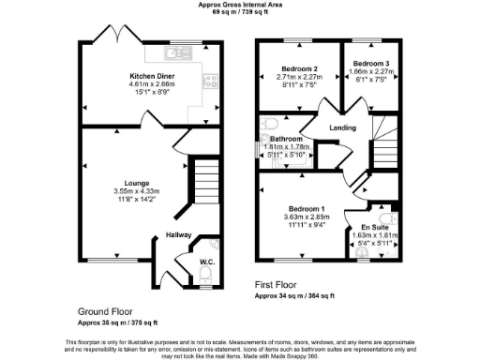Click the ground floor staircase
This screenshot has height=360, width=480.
pyautogui.click(x=204, y=178)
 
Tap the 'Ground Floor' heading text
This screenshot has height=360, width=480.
pyautogui.click(x=104, y=309)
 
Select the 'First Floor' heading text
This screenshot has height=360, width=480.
pyautogui.click(x=280, y=282)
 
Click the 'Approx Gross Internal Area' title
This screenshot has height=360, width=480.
pyautogui.click(x=239, y=5)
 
